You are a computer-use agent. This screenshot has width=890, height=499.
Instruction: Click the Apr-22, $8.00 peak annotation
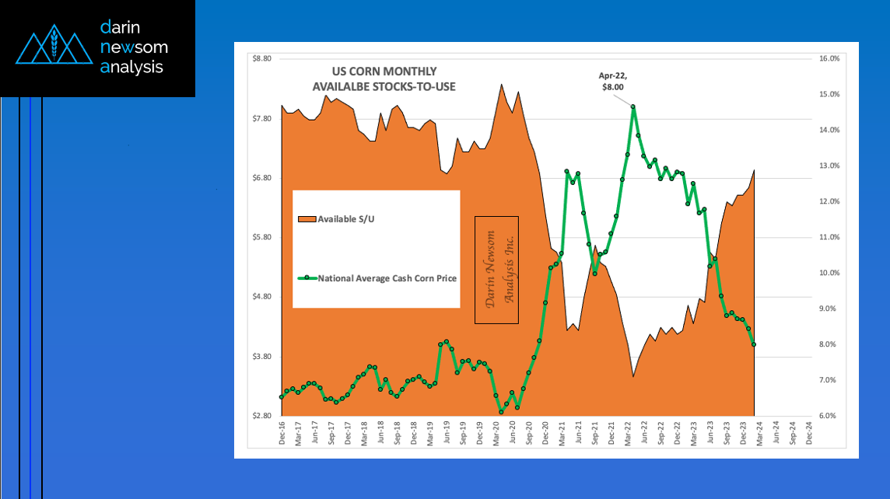point(612,82)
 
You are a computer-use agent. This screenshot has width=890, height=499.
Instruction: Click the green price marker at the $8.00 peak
point(633,107)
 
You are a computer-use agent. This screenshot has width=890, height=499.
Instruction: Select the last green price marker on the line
point(754,345)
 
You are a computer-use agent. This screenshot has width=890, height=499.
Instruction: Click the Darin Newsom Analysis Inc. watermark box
point(496,270)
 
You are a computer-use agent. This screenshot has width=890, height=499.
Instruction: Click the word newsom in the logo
point(134,47)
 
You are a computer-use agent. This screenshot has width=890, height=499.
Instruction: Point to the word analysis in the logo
point(132,68)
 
